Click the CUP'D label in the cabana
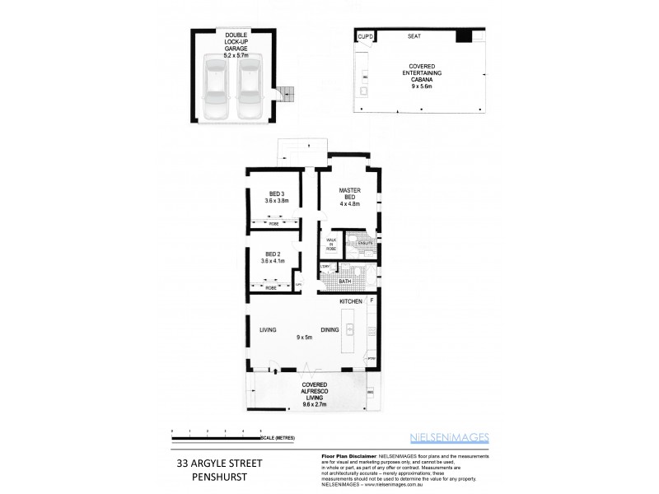click(366, 36)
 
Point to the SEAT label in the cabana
click(415, 36)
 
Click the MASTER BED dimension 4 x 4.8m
click(351, 203)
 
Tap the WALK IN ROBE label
click(332, 244)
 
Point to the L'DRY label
click(325, 267)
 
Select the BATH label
click(345, 282)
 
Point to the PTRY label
click(372, 359)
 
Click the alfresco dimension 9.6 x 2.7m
click(315, 404)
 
